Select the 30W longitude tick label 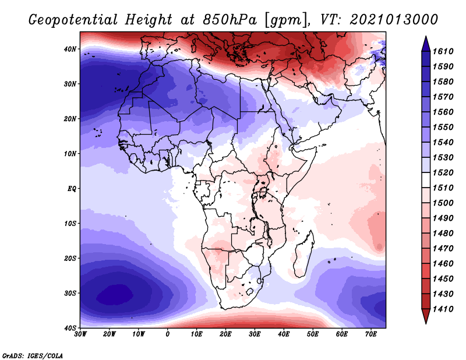click(x=80, y=334)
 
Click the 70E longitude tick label click(x=371, y=334)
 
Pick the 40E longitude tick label click(x=284, y=334)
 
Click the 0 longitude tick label click(x=168, y=334)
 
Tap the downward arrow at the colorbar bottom click(x=426, y=317)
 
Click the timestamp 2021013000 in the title click(x=394, y=20)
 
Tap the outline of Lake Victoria click(x=263, y=192)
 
